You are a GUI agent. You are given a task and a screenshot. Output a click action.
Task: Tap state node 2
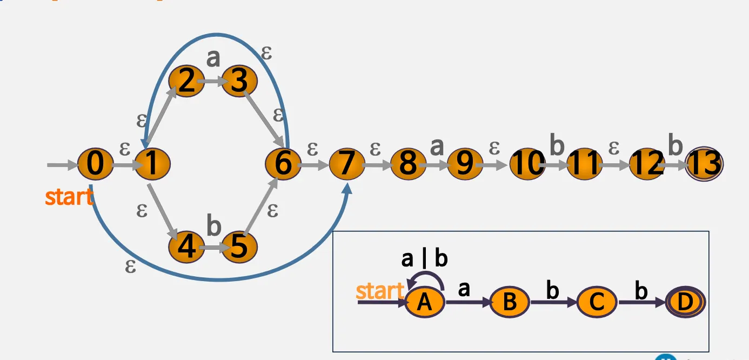[186, 82]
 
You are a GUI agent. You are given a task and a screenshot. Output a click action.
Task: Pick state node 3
[238, 82]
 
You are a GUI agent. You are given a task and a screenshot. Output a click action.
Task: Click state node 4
[186, 248]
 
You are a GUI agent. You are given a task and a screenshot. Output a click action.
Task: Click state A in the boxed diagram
[424, 303]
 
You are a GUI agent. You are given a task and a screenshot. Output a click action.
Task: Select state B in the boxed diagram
[510, 303]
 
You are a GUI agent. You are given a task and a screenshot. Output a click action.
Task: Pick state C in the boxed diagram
[597, 303]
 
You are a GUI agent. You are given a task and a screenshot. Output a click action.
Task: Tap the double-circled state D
[685, 303]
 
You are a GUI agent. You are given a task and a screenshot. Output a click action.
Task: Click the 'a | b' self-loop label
[424, 260]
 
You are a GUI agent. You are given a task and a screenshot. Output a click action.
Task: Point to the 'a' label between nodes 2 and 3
[213, 58]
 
